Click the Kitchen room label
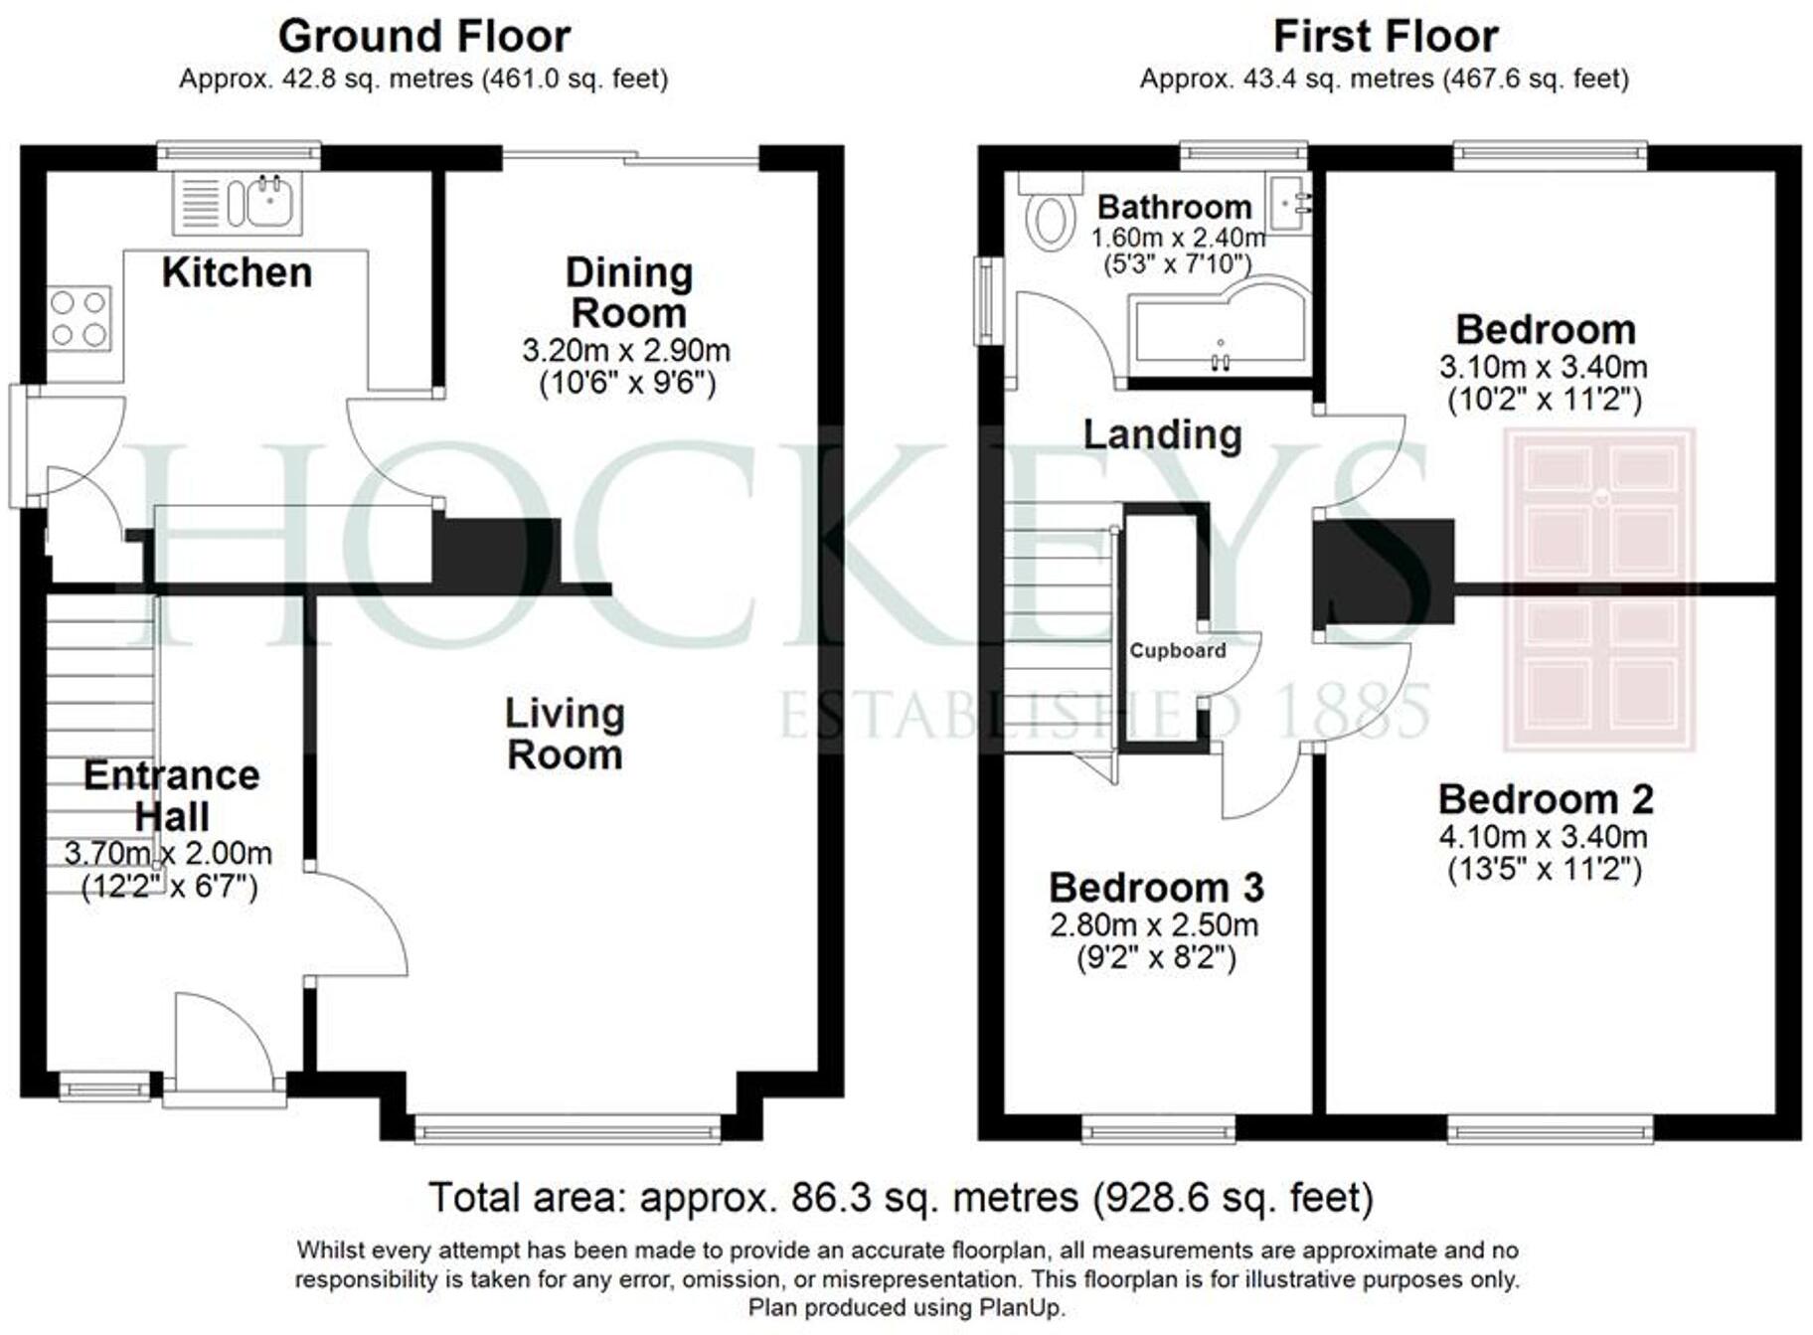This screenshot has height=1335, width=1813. (237, 271)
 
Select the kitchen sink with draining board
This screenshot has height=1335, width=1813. (238, 203)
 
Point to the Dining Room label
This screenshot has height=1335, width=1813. (628, 292)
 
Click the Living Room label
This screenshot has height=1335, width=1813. (565, 734)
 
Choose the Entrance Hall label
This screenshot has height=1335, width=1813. (172, 795)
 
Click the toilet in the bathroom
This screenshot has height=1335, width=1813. (1050, 211)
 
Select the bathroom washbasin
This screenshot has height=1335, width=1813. (1289, 204)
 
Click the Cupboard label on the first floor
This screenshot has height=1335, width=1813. (1178, 651)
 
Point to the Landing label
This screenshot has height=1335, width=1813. (1162, 434)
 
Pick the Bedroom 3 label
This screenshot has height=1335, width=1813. (1156, 887)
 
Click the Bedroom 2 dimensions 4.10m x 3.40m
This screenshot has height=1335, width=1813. (1544, 836)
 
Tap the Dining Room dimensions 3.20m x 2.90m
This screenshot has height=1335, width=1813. (626, 350)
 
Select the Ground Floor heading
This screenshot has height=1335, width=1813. (424, 37)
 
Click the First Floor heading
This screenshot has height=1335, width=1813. (1386, 37)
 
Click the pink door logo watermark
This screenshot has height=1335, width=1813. (1599, 589)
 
